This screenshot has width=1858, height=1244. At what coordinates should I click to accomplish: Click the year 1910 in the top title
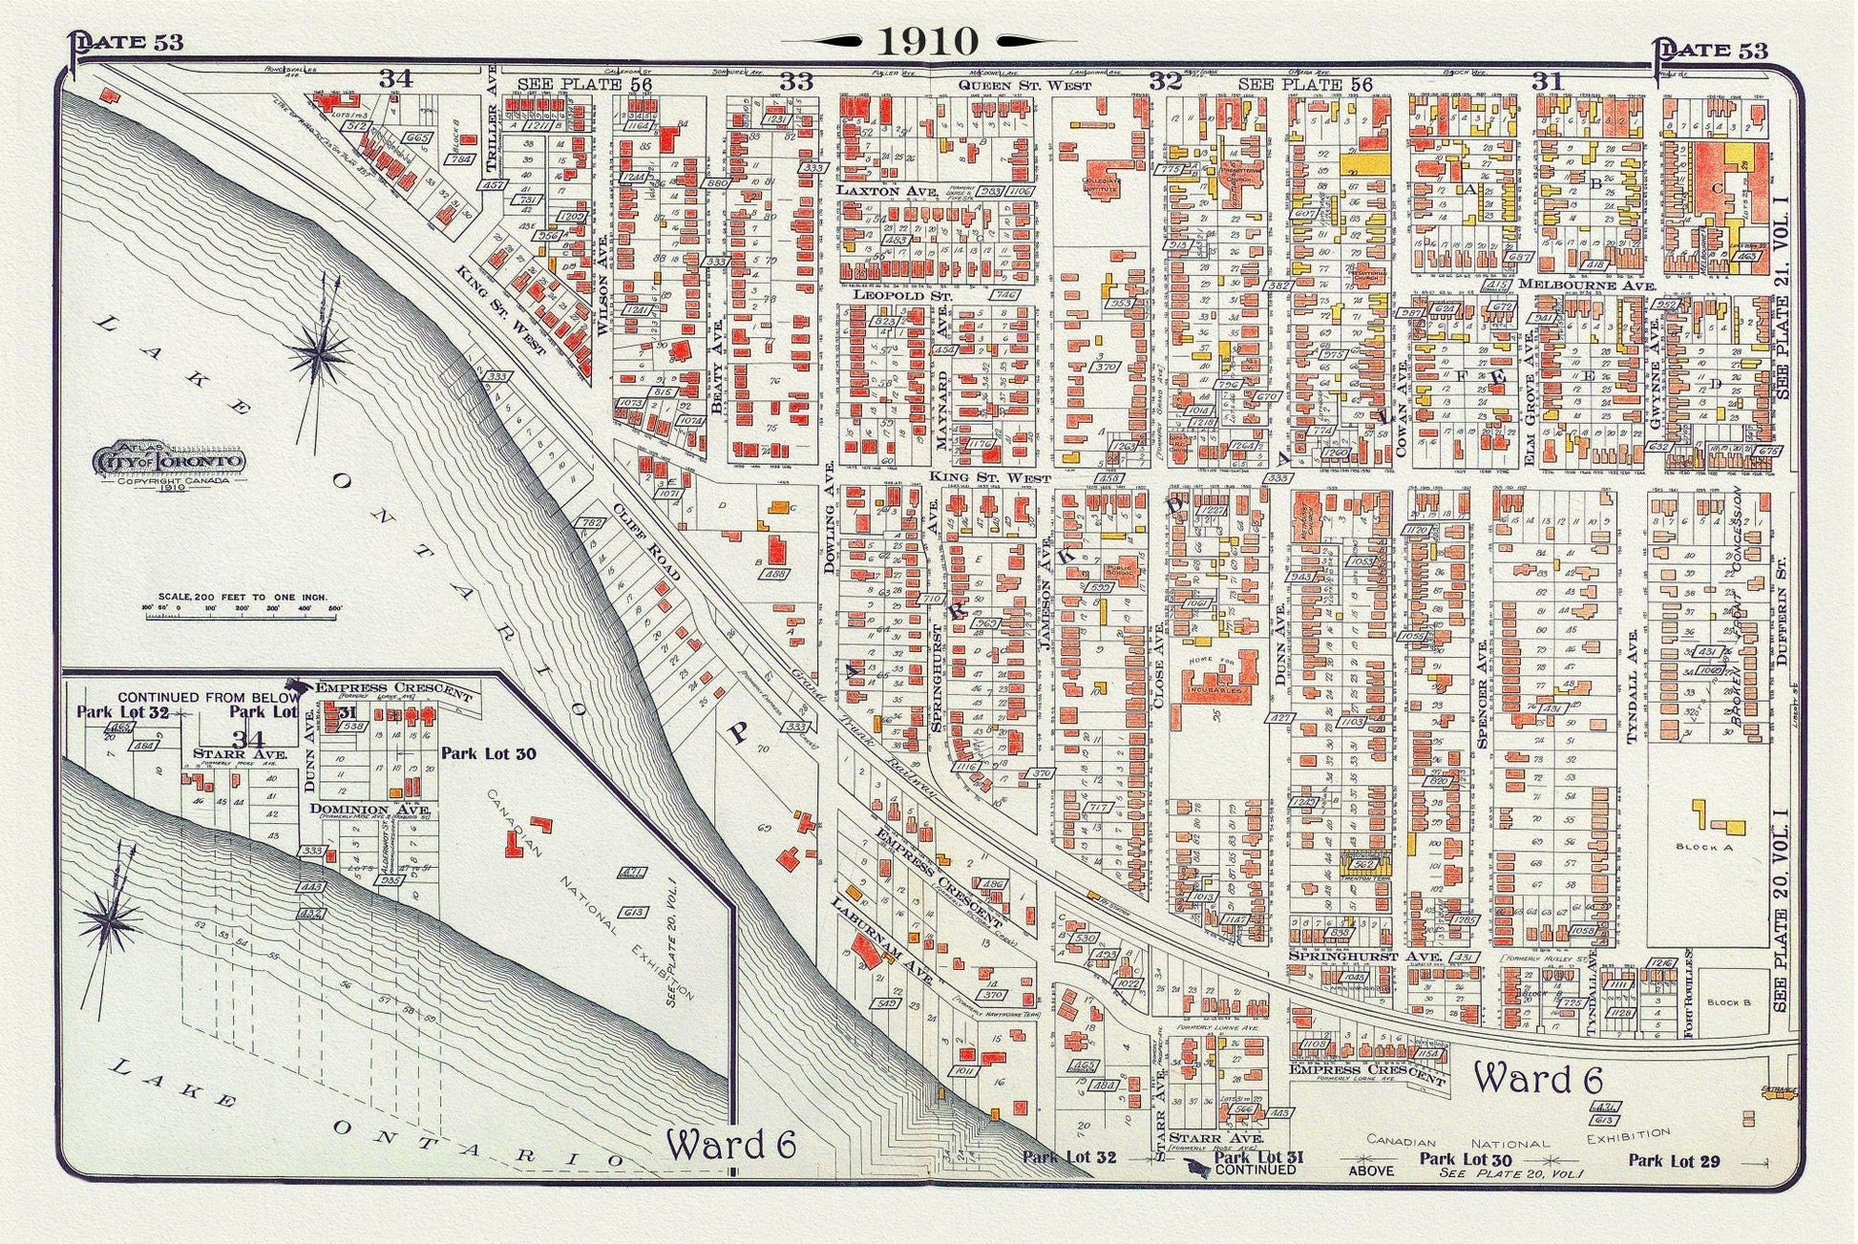(x=928, y=41)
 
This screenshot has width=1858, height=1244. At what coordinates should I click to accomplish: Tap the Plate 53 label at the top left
(x=126, y=42)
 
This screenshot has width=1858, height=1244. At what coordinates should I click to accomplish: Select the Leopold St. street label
(x=889, y=296)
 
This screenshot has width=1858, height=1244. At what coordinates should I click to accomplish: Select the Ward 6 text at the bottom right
(x=1536, y=1080)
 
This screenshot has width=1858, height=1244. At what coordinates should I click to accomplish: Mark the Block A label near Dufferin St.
(x=1703, y=847)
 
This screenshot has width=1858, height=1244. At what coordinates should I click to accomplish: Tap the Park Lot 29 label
(x=1673, y=1161)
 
